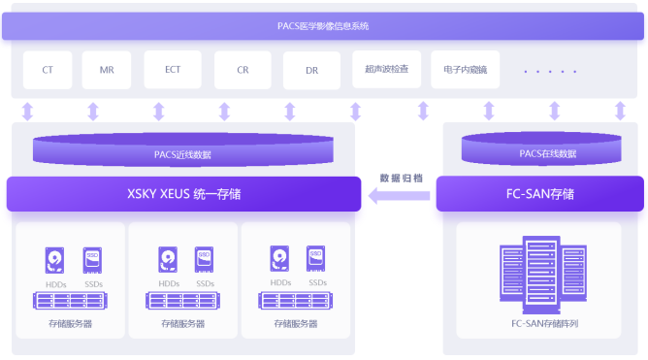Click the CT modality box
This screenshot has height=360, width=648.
click(x=48, y=70)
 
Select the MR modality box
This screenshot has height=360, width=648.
click(x=107, y=70)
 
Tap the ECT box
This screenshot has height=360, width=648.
click(x=173, y=70)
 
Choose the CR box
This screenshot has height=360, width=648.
click(x=243, y=70)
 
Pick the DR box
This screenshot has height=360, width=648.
click(x=311, y=70)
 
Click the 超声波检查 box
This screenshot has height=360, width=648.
click(x=386, y=69)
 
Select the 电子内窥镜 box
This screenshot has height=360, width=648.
click(x=465, y=69)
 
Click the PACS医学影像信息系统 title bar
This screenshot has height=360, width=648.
click(x=323, y=25)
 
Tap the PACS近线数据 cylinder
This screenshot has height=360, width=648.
click(x=182, y=151)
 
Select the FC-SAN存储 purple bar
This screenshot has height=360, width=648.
click(x=539, y=193)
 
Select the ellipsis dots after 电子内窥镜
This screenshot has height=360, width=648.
click(x=549, y=71)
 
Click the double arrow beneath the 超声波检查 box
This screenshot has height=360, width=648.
click(x=423, y=111)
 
